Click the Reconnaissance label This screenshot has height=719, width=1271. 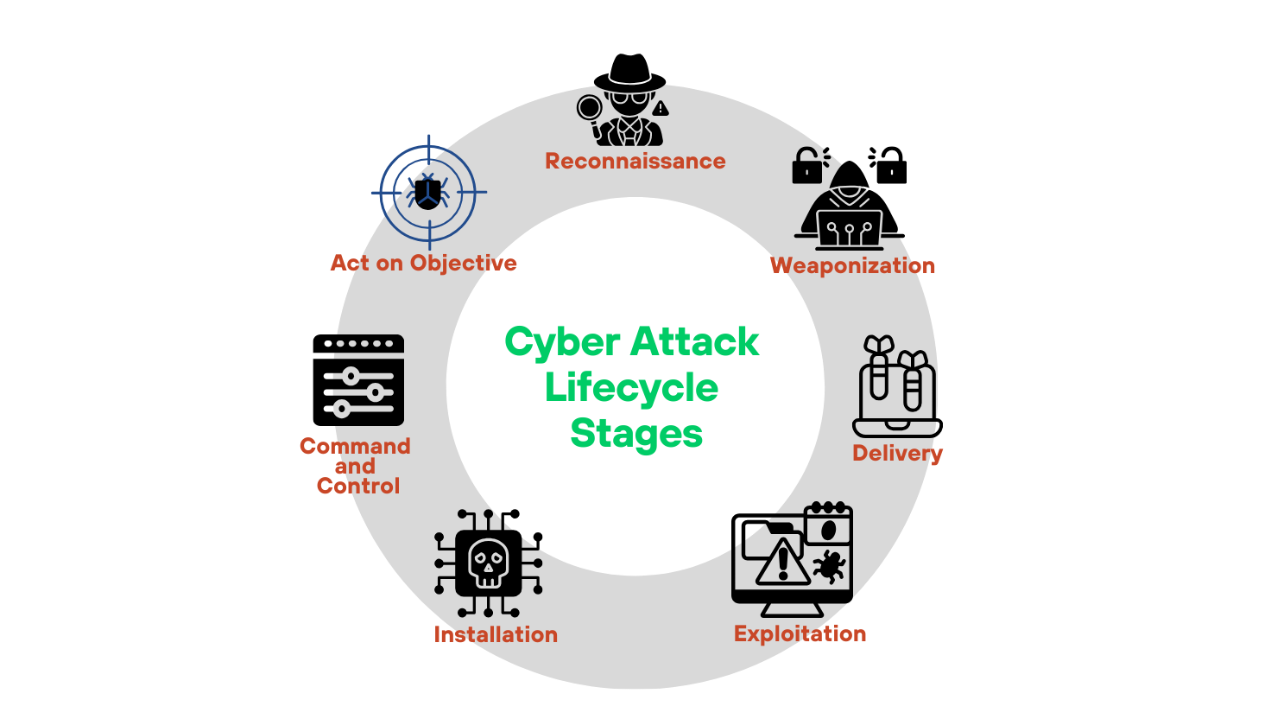(635, 161)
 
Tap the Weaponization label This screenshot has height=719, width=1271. (852, 265)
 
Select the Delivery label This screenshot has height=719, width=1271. (897, 453)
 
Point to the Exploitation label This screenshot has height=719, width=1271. (800, 633)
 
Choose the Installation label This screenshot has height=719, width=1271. (496, 634)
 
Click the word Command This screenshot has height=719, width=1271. (355, 446)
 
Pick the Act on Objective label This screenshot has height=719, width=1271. (423, 263)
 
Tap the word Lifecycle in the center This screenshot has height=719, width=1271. (631, 387)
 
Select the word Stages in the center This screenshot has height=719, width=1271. (636, 432)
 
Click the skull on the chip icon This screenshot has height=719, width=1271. (488, 562)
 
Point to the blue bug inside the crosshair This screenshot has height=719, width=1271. (427, 192)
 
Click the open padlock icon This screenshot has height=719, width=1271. (808, 165)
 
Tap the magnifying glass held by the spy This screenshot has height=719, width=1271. (590, 109)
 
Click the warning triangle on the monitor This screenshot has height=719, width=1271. (783, 563)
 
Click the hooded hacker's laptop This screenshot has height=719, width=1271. (850, 229)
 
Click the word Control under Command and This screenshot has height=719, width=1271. (358, 486)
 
